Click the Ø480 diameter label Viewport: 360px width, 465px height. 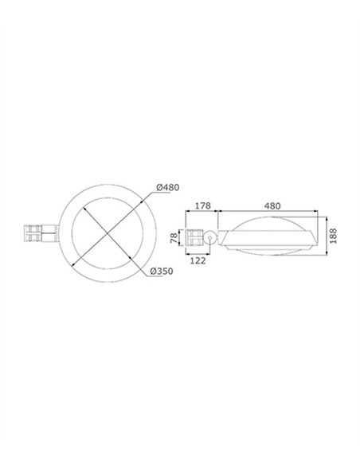click(168, 187)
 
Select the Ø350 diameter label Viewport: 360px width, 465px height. click(162, 271)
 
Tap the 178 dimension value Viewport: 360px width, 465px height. click(203, 205)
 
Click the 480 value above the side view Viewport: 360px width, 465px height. click(272, 205)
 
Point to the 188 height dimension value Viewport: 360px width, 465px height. click(333, 236)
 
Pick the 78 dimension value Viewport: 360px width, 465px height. click(174, 238)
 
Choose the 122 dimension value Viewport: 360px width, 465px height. click(198, 260)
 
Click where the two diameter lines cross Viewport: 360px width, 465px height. click(108, 233)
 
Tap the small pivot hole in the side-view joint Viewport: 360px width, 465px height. click(210, 238)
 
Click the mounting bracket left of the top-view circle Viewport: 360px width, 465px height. click(41, 233)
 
